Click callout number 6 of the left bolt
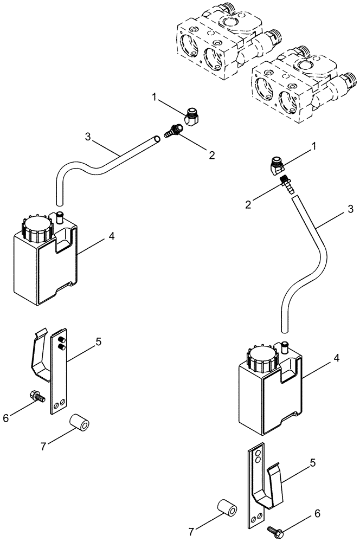(22, 418)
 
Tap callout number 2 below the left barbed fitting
(211, 154)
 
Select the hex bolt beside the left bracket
(38, 396)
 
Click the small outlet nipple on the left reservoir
(59, 217)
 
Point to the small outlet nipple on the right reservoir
(284, 346)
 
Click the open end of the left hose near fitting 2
(157, 139)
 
